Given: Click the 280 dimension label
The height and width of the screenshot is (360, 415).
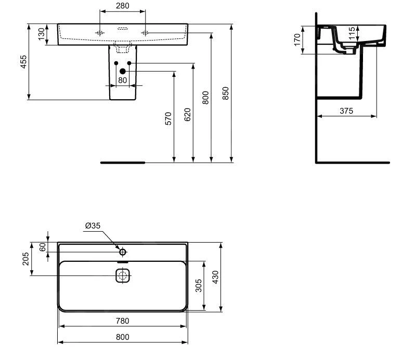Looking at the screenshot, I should click(x=122, y=6).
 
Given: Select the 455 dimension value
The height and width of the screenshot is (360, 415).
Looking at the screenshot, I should click(x=23, y=62).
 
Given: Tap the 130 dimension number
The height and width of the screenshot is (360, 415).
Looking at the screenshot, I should click(x=42, y=35).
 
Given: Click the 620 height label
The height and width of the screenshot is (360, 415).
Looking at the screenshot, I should click(x=187, y=114).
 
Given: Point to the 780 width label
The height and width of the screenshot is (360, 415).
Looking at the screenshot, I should click(x=122, y=321).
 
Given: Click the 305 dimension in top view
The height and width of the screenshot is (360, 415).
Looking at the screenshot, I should click(x=198, y=286).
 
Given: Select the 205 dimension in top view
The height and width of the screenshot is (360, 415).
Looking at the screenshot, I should click(x=25, y=259).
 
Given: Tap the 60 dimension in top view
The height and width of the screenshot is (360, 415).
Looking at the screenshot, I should click(x=43, y=247).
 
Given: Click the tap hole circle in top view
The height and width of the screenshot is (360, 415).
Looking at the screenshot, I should click(x=123, y=252).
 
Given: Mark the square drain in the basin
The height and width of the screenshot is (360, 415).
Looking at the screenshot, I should click(x=122, y=275).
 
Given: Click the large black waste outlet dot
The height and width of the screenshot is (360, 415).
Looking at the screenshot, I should click(x=123, y=71).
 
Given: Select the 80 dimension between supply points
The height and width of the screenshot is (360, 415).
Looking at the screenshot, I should click(x=122, y=80).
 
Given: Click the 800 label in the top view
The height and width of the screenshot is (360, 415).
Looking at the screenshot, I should click(x=122, y=337).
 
